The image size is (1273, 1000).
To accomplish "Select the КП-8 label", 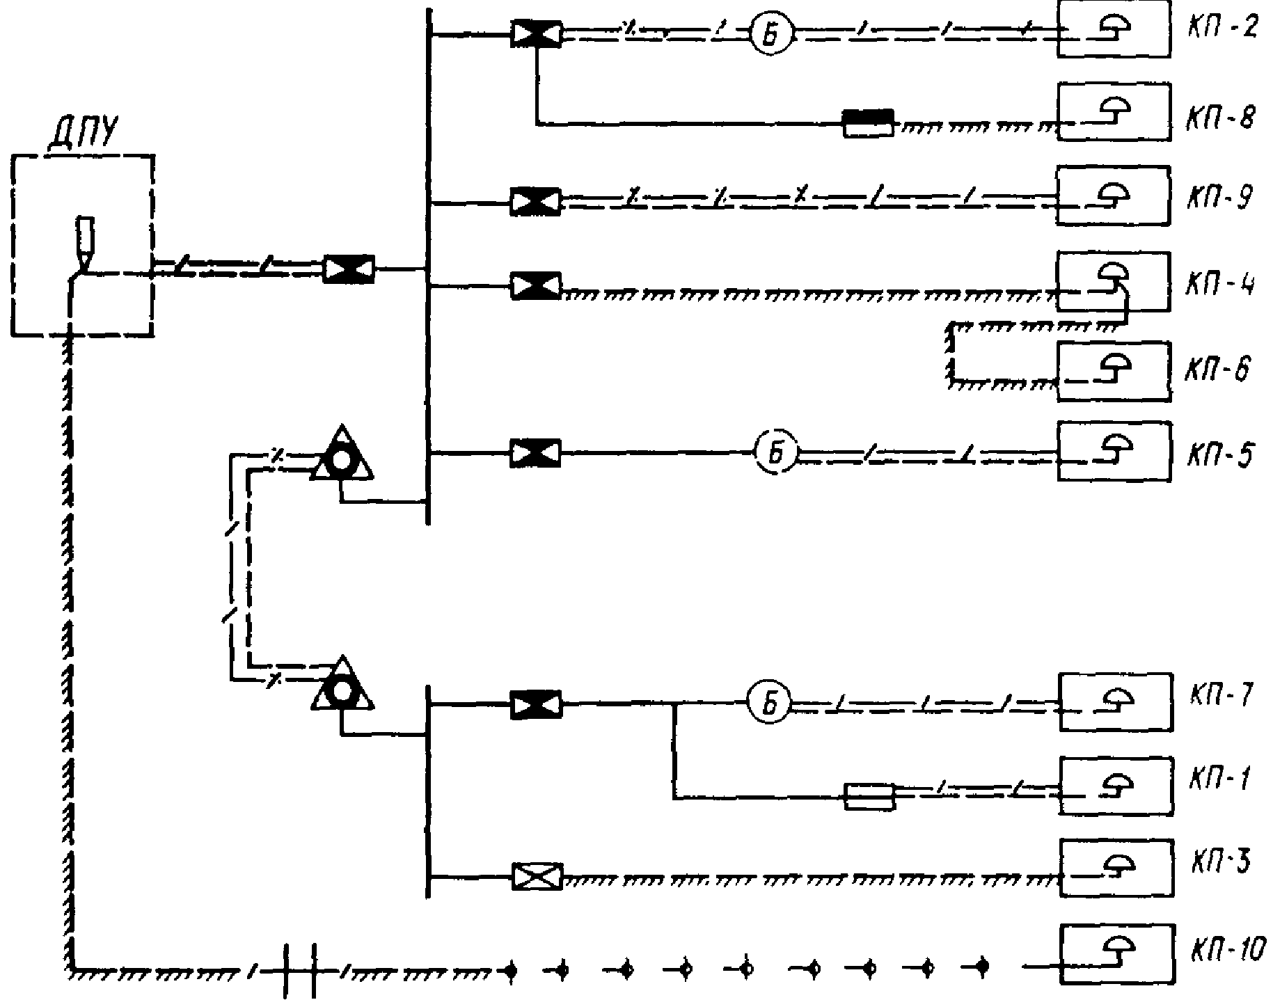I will pyautogui.click(x=1220, y=118).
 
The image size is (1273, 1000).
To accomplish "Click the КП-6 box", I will pyautogui.click(x=1113, y=371).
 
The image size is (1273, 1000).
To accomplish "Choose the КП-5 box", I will pyautogui.click(x=1113, y=450).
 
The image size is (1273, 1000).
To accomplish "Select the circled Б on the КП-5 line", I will pyautogui.click(x=776, y=454).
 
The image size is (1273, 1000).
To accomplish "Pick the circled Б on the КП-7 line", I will pyautogui.click(x=770, y=704).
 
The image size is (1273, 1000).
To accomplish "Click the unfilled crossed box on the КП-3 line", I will pyautogui.click(x=537, y=875).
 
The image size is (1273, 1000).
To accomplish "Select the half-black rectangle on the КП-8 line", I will pyautogui.click(x=869, y=123).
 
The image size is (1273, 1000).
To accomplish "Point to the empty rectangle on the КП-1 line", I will pyautogui.click(x=869, y=796).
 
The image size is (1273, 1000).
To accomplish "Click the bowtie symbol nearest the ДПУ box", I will pyautogui.click(x=349, y=268).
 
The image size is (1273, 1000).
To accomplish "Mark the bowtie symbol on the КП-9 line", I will pyautogui.click(x=535, y=201).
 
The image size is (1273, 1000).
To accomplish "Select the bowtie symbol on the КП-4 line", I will pyautogui.click(x=535, y=285).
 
